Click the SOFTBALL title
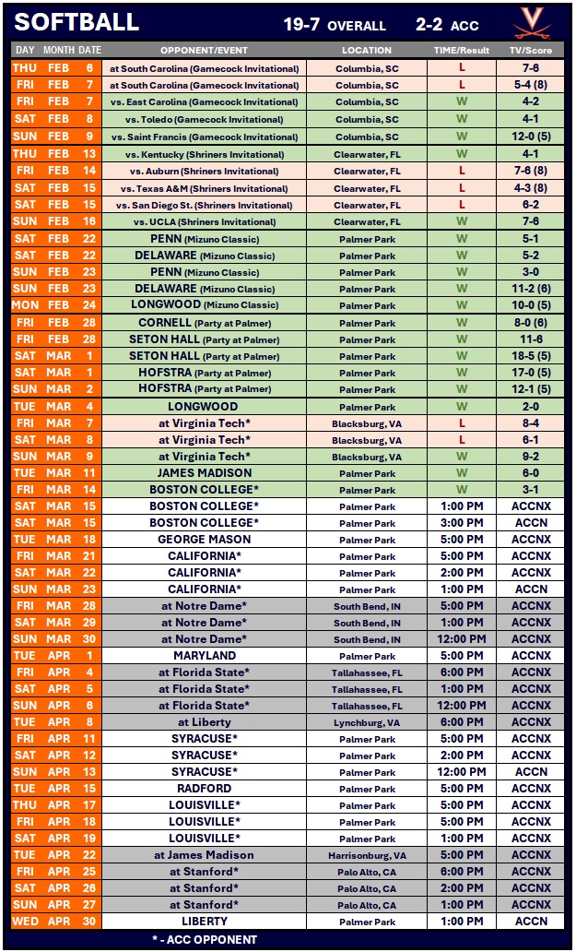coord(77,22)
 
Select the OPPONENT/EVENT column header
coord(205,50)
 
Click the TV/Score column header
coord(531,50)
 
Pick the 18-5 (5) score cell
coord(531,356)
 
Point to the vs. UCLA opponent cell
coord(205,222)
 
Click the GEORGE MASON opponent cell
coord(205,540)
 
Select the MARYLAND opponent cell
coord(205,656)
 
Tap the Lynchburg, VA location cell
coord(367,722)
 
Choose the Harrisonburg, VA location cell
coord(367,855)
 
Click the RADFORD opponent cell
coord(205,789)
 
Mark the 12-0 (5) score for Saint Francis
coord(531,137)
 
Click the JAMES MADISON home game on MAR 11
coord(205,473)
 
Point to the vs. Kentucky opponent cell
coord(205,155)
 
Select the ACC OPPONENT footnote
coord(205,939)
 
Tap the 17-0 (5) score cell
coord(531,373)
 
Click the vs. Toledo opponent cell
coord(205,119)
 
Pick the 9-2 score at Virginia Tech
coord(531,457)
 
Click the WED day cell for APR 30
coord(26,922)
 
